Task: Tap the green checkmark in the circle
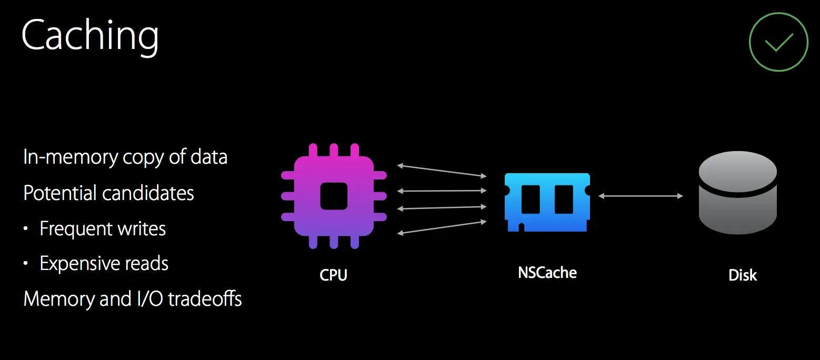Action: (x=778, y=42)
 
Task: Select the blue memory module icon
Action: (x=547, y=202)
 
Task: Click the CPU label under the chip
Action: (x=334, y=275)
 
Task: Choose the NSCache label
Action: (x=547, y=273)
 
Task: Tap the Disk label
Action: (x=743, y=275)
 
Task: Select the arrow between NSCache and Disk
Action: (x=641, y=196)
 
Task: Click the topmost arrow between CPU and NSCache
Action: (x=442, y=171)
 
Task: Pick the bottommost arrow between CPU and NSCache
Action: (x=442, y=227)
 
